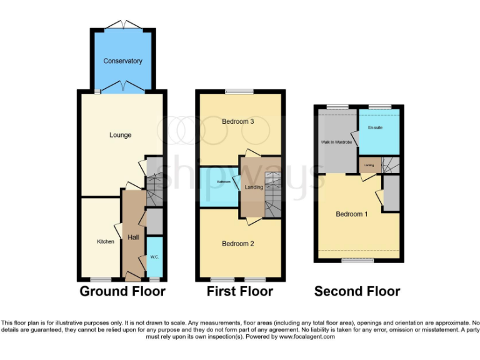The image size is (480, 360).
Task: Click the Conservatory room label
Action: coord(122,61)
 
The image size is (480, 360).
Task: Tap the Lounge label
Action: coord(121,135)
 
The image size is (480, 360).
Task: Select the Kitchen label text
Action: coord(106,242)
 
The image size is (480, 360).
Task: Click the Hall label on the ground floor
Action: coord(133,237)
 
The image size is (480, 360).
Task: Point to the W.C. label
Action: coord(154,257)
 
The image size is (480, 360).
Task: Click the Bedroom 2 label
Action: coord(237,244)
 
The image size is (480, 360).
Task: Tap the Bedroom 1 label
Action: coord(352,214)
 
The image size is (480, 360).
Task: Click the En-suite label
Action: coord(374,127)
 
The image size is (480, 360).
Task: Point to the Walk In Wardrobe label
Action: coord(336,142)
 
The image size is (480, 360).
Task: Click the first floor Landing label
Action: coord(254,187)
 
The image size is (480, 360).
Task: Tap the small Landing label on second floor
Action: coord(369,165)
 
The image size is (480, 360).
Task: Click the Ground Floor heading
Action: coord(122,291)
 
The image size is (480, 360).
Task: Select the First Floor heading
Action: coord(240,291)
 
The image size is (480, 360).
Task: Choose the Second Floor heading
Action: coord(357,291)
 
